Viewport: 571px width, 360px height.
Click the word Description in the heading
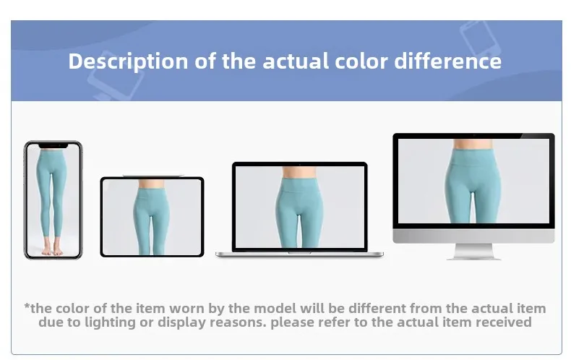click(x=129, y=61)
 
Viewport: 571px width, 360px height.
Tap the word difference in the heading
click(x=448, y=61)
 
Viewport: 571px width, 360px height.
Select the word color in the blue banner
click(x=361, y=61)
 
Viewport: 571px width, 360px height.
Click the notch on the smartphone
click(x=53, y=146)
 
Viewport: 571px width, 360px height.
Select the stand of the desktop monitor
click(x=473, y=252)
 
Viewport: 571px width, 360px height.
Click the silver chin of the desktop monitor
click(x=473, y=236)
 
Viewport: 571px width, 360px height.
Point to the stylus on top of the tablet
click(x=153, y=176)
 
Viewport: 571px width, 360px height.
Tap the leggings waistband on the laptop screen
click(x=299, y=185)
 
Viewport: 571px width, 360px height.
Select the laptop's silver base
click(x=299, y=254)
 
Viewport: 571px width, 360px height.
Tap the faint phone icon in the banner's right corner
click(x=480, y=39)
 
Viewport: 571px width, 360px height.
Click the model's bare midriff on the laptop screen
click(x=299, y=172)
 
